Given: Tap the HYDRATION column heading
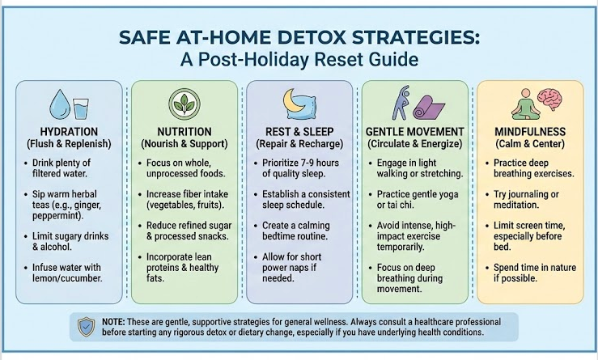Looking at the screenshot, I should tap(69, 132).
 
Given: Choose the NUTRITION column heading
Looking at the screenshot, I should tap(184, 132).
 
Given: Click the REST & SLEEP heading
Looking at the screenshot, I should tap(299, 132).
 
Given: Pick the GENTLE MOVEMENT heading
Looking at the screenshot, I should tap(415, 132).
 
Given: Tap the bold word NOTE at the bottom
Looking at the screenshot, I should tap(114, 321).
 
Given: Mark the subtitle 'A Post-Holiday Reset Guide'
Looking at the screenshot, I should tap(299, 60).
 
